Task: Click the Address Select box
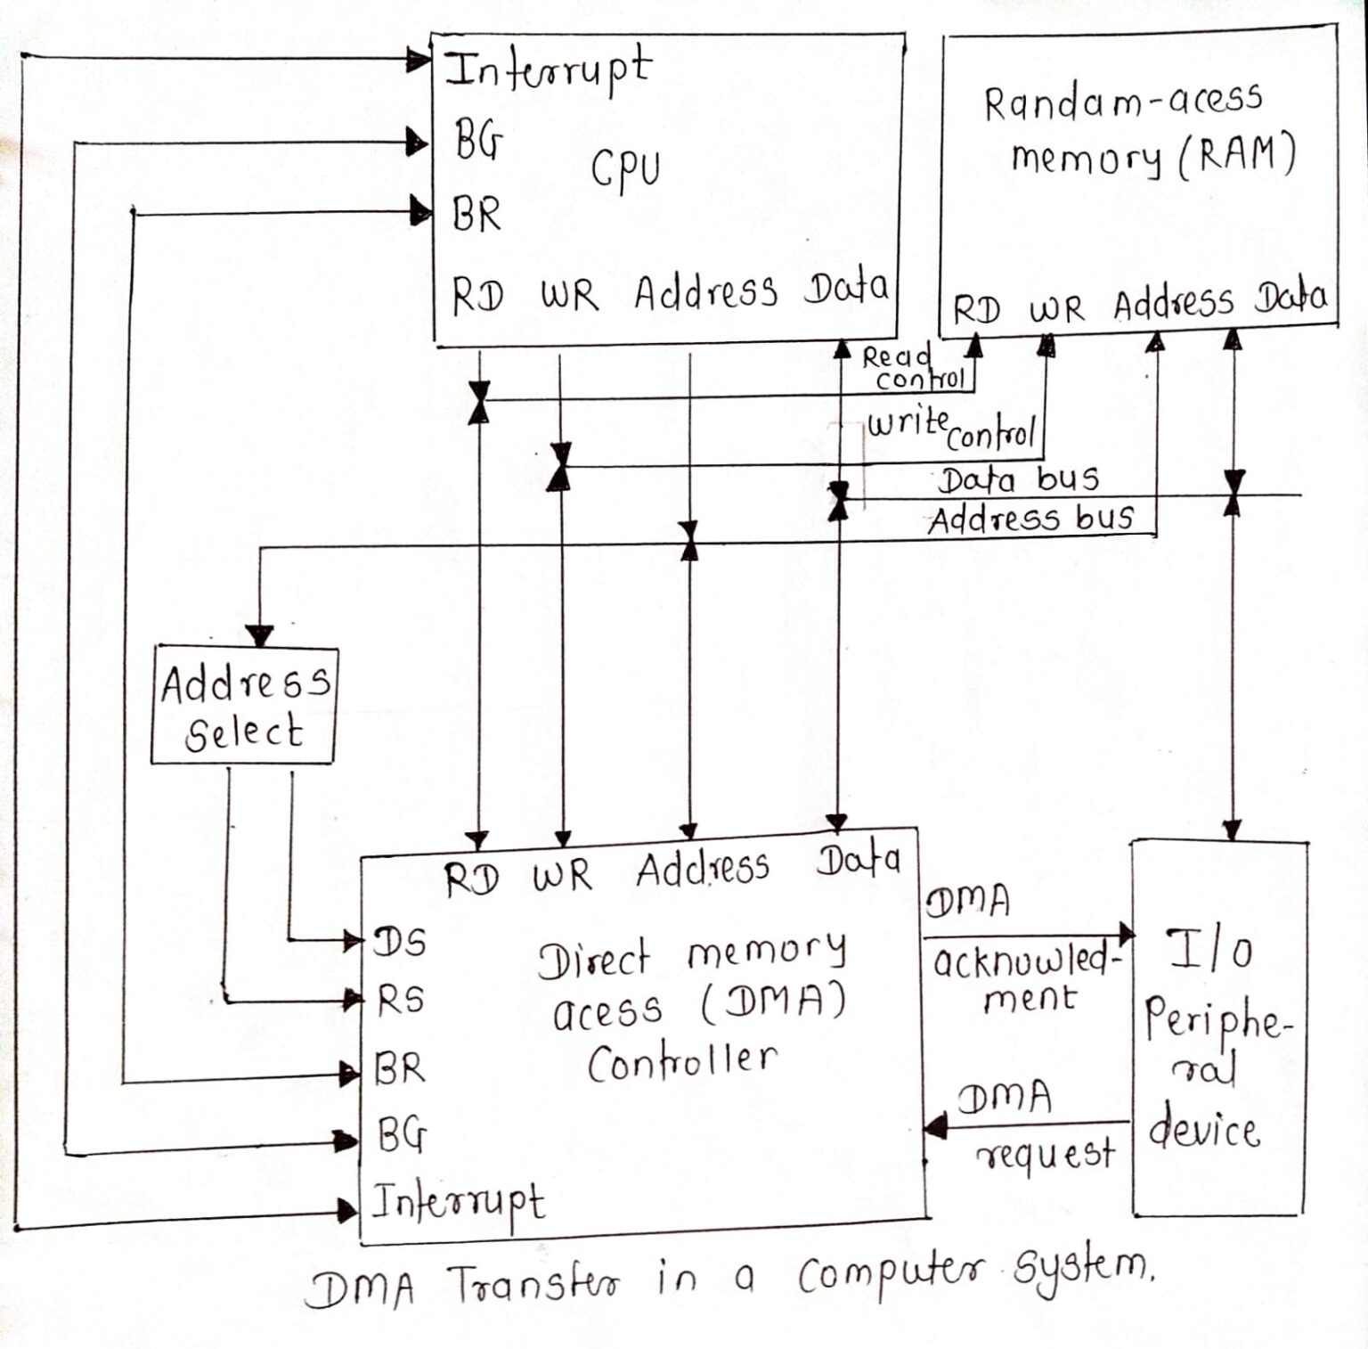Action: (244, 706)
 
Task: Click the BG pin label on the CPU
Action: (478, 140)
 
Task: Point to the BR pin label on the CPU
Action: (476, 214)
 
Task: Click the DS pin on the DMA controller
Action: (400, 942)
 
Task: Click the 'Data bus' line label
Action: (1019, 480)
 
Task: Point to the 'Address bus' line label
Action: (1030, 519)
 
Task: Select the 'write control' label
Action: (951, 428)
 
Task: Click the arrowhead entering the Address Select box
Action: (259, 635)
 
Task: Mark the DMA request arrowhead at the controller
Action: (934, 1126)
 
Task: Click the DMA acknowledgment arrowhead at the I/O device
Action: (1126, 934)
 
